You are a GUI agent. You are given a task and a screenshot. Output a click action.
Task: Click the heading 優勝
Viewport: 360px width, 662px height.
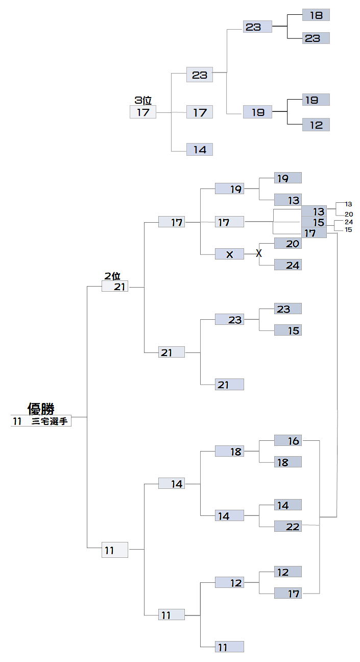click(x=41, y=409)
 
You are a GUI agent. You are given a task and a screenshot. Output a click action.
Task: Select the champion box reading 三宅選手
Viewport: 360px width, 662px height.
click(x=41, y=421)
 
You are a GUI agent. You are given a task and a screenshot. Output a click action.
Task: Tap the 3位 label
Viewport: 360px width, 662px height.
click(x=143, y=101)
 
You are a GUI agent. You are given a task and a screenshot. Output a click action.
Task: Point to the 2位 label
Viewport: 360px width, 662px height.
click(x=112, y=276)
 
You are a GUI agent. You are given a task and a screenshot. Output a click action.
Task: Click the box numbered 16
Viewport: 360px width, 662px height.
click(x=288, y=440)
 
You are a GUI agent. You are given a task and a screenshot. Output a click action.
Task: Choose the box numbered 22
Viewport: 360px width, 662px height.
click(x=288, y=526)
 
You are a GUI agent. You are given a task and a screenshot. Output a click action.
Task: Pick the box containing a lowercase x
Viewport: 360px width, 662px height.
click(x=229, y=254)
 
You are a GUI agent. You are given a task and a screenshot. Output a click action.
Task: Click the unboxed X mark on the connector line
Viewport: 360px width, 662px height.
click(x=259, y=253)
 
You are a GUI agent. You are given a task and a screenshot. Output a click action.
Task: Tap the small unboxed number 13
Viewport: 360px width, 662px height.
click(x=348, y=204)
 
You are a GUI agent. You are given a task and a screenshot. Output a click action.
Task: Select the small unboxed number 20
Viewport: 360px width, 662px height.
click(x=349, y=214)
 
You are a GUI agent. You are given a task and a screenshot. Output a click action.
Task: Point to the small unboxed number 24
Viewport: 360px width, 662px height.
click(x=349, y=222)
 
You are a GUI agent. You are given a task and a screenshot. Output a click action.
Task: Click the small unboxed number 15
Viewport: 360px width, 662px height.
click(x=348, y=230)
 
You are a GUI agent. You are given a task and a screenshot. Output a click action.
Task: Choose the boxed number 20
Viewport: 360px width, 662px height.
click(x=288, y=244)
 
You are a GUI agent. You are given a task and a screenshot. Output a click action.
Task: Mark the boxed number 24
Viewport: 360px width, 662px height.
click(x=288, y=265)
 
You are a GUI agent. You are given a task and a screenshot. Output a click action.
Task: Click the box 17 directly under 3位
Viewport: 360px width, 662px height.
click(x=143, y=112)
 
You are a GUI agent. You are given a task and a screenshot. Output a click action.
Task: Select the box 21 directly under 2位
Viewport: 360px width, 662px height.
click(x=115, y=287)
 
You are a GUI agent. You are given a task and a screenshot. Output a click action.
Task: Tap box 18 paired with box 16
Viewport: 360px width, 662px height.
click(x=288, y=462)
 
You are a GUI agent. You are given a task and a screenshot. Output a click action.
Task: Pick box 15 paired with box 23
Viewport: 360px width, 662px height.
click(x=288, y=330)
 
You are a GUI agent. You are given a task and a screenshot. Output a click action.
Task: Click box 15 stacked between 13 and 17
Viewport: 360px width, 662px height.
click(x=314, y=222)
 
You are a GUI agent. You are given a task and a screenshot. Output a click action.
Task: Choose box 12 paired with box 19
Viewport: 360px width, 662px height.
click(x=316, y=125)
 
